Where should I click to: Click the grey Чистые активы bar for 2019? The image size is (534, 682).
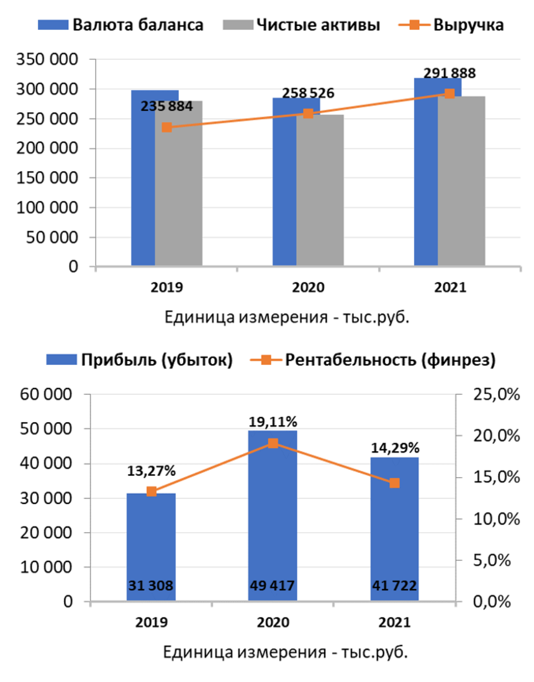point(179,186)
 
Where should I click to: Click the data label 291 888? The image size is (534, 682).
point(450,73)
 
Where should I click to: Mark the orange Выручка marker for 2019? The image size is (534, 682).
point(166,127)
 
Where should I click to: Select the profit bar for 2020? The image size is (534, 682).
point(273,515)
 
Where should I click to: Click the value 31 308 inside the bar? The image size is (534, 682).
point(151,585)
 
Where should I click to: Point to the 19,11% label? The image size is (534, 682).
point(273,422)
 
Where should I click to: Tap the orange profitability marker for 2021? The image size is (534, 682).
point(394,483)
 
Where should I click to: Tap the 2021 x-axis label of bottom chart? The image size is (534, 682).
point(394,622)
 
